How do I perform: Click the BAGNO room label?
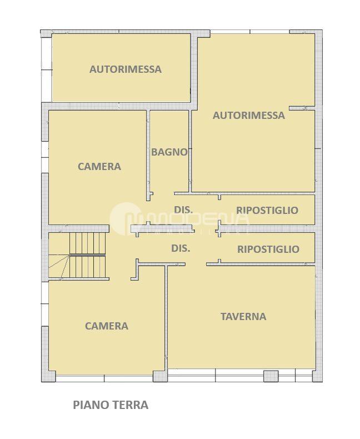[x=169, y=152]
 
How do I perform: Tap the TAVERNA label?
[x=243, y=317]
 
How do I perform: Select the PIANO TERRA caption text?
[x=111, y=405]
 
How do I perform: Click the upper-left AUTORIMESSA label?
[x=126, y=69]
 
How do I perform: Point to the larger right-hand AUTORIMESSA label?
[x=248, y=116]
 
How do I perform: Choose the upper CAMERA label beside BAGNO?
[x=99, y=167]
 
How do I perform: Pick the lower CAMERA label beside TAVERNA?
[x=107, y=326]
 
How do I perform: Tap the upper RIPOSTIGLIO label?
[x=267, y=210]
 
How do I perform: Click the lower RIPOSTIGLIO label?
[x=268, y=249]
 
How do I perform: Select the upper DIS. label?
[x=183, y=209]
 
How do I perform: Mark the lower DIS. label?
[x=181, y=248]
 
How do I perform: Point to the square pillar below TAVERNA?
[x=271, y=376]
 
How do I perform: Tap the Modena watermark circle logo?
[x=125, y=218]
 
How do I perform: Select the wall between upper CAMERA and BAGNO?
[x=148, y=156]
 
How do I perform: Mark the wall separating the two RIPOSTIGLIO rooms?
[x=267, y=228]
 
